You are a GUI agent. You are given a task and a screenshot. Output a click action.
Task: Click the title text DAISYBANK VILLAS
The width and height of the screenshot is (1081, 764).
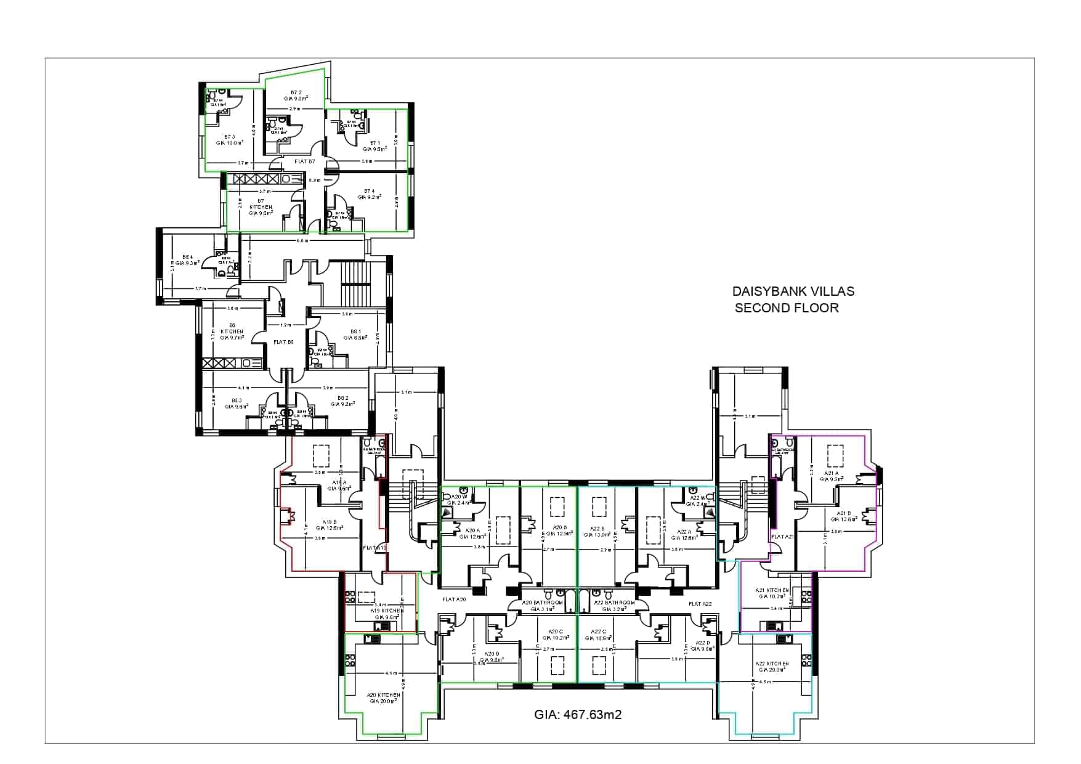click(x=793, y=291)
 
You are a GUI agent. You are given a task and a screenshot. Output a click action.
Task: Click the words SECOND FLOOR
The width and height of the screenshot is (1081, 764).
click(x=787, y=308)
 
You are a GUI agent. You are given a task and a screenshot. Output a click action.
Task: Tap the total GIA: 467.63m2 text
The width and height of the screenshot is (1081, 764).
click(x=577, y=715)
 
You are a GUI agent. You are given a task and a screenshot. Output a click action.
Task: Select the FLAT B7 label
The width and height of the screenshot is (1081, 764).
click(x=304, y=161)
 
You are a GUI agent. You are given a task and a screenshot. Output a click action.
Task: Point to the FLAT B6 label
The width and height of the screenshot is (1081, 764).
click(x=283, y=342)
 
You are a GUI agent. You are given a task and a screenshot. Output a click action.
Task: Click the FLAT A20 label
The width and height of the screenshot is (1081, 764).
click(x=454, y=599)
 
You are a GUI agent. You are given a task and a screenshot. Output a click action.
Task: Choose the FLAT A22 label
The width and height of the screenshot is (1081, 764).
click(x=700, y=604)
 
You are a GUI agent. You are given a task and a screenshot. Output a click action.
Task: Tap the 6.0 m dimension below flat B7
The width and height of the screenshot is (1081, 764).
click(x=302, y=240)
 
